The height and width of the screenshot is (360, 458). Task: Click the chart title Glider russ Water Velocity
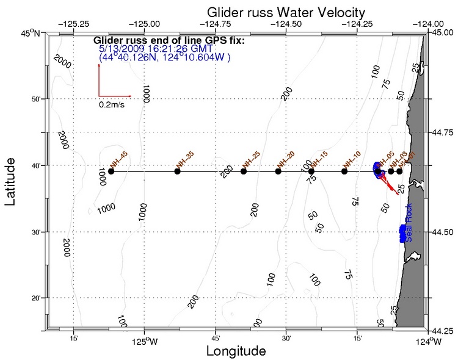point(286,12)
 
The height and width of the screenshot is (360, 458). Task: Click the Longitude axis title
point(236,351)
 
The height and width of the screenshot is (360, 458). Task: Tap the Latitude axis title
point(10,181)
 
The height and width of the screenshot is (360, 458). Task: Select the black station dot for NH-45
point(111,171)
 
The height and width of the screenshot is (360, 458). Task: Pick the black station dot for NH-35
point(177,171)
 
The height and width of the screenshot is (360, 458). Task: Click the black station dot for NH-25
point(244,171)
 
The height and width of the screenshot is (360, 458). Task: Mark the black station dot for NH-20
point(278,171)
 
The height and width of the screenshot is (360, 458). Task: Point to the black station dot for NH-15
point(311,171)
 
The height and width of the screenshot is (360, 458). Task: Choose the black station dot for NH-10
point(344,171)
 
